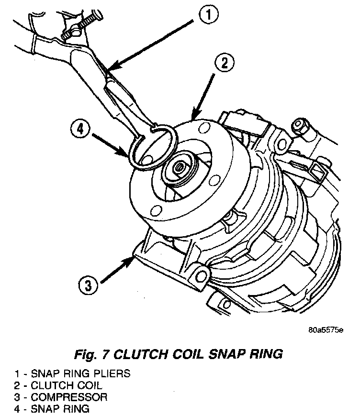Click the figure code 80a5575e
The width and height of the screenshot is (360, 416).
point(326,330)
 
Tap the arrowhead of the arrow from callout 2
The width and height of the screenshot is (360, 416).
point(192,118)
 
